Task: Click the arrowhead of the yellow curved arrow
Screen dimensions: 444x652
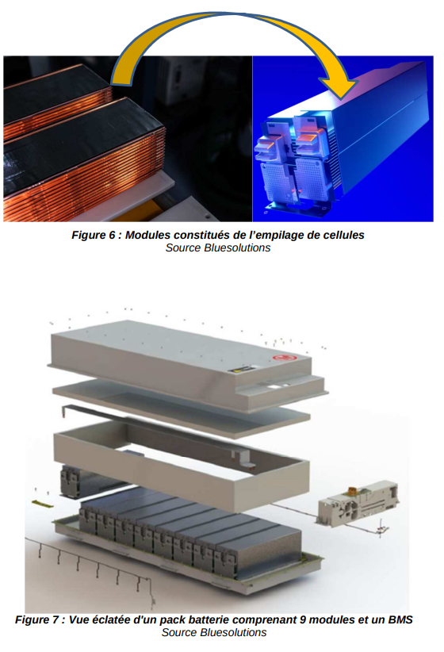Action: pyautogui.click(x=341, y=87)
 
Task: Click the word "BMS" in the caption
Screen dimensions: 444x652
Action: pyautogui.click(x=400, y=620)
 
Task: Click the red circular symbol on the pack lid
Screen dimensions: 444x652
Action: pyautogui.click(x=285, y=358)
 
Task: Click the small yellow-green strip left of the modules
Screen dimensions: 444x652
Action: pyautogui.click(x=42, y=504)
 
